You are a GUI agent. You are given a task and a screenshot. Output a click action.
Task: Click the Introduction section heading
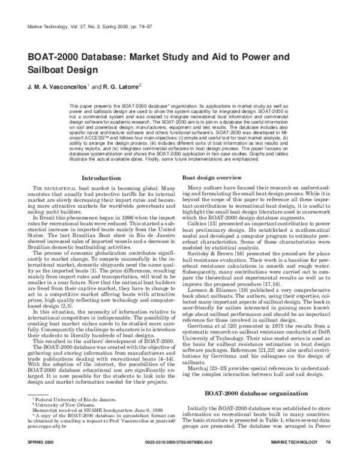[x=101, y=178]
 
